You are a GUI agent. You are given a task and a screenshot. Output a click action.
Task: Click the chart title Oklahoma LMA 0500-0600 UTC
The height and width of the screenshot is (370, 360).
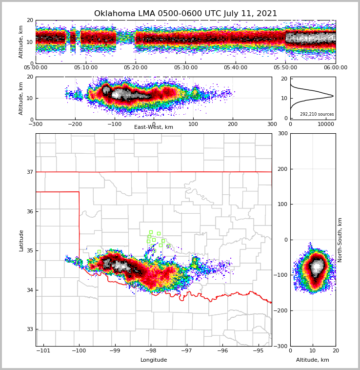(x=185, y=14)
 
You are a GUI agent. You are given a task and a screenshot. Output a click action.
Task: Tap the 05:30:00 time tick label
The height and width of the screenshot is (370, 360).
(x=186, y=68)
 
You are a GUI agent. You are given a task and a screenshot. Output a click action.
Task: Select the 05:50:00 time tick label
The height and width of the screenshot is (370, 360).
(x=285, y=68)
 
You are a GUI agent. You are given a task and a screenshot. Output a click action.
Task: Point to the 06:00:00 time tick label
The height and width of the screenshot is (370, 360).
(x=335, y=68)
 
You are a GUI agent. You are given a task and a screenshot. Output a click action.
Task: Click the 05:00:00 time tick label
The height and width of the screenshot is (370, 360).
(x=36, y=68)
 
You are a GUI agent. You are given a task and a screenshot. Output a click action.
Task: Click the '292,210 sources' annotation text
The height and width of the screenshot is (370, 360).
(x=317, y=114)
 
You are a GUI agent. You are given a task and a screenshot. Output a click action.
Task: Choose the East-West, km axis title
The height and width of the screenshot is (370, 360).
(x=154, y=127)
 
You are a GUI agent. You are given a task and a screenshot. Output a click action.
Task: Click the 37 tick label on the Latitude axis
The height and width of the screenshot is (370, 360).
(x=30, y=172)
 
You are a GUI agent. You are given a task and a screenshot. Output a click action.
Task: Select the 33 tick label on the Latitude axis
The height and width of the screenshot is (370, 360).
(x=30, y=329)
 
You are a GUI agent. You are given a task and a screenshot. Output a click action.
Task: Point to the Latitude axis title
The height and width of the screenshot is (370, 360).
(x=21, y=240)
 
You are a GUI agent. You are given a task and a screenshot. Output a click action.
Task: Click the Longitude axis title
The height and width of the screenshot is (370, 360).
(x=154, y=360)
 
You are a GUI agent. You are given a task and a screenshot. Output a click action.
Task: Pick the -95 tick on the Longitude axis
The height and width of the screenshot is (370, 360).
(x=258, y=351)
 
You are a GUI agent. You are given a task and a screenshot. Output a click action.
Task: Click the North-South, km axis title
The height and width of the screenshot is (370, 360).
(x=340, y=240)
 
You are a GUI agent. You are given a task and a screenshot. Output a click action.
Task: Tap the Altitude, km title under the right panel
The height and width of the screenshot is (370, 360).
(x=313, y=360)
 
